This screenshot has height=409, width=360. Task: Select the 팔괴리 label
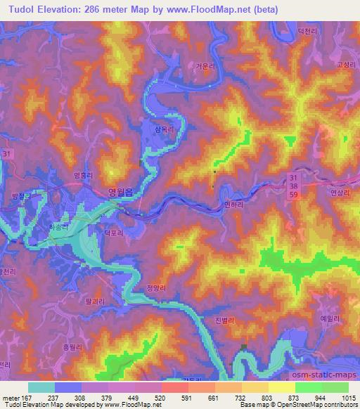[x=94, y=299]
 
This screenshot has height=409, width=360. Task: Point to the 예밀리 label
[x=329, y=318]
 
